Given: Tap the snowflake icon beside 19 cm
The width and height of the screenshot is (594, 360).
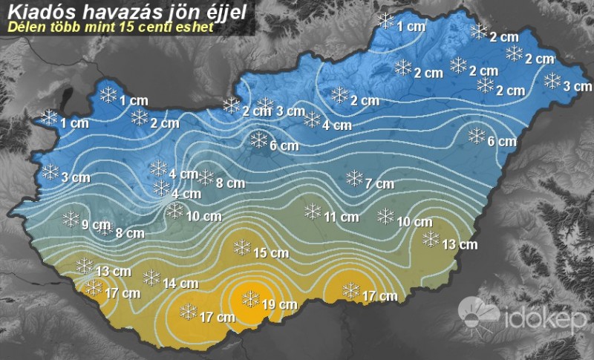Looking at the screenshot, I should pos(252,298).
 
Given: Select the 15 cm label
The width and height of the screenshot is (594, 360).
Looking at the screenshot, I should pos(270,253).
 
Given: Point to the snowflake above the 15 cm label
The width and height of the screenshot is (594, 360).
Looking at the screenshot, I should pos(241,246).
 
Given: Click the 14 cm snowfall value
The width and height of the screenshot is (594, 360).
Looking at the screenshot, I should pos(180,283).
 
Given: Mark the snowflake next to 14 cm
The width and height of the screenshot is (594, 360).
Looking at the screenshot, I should pos(151,277).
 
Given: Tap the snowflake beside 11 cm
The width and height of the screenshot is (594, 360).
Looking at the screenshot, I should pos(313,212).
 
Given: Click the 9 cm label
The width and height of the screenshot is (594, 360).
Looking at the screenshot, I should pos(96,225).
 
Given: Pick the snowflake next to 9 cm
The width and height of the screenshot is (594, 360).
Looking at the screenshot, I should pos(71,218).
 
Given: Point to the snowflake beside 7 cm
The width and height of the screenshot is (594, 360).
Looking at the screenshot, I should pos(355,177).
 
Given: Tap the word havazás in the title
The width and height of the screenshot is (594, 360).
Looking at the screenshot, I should pos(112,10).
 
